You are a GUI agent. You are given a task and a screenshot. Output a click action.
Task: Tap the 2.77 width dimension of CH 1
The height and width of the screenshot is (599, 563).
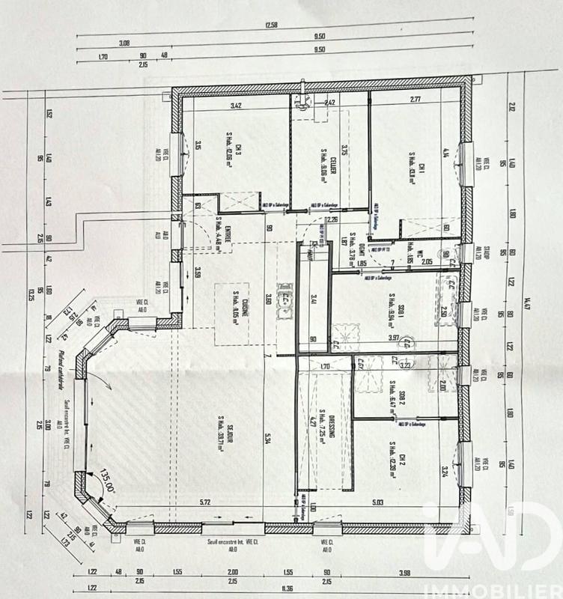coord(416,99)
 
